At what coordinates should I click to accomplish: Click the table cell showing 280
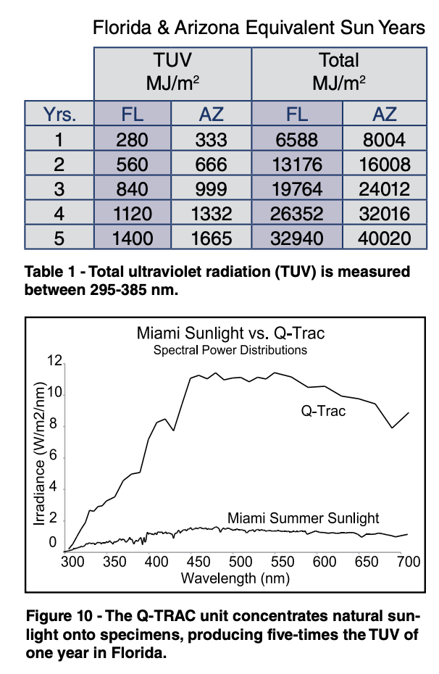(x=133, y=139)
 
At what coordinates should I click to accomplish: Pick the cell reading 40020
(x=385, y=238)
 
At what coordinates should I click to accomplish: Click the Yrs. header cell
(x=59, y=114)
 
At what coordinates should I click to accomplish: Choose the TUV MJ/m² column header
(x=172, y=72)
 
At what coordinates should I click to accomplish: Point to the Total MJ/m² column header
(x=338, y=72)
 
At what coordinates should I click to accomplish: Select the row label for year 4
(x=59, y=213)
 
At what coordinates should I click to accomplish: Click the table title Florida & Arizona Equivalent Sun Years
(x=259, y=28)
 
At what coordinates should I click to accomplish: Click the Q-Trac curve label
(x=324, y=411)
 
